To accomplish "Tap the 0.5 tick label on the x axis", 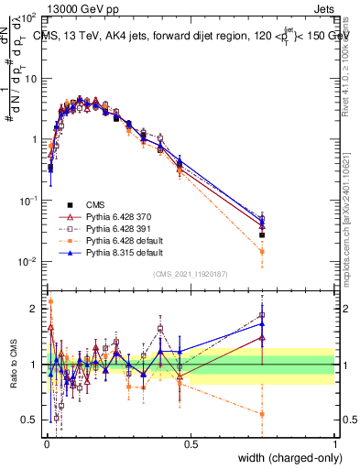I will [x=191, y=444].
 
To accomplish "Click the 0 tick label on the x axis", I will [x=47, y=444].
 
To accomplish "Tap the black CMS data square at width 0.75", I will [x=262, y=234].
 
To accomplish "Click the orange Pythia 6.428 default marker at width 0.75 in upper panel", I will [x=262, y=251].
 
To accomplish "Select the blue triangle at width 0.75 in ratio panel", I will [x=262, y=322].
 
